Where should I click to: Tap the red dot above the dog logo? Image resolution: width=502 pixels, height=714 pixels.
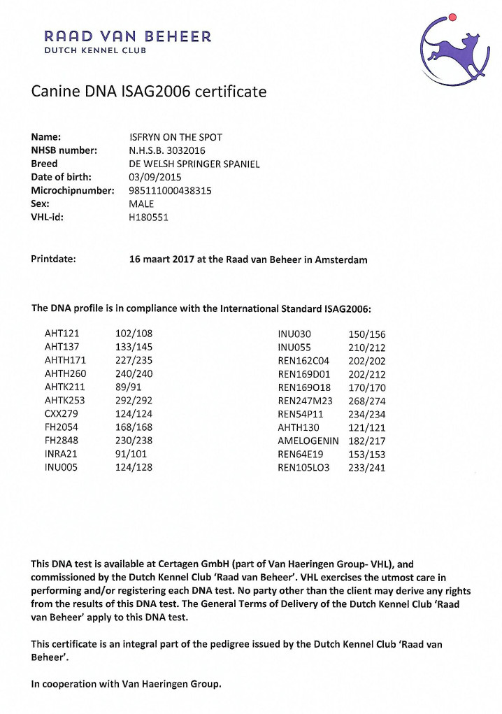pos(452,16)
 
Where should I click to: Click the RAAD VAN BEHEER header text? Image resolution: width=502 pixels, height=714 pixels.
pos(127,36)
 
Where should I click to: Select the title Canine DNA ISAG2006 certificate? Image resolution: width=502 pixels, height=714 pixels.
pos(148,92)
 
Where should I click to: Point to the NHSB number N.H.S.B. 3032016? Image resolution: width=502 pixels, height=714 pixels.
pos(167,150)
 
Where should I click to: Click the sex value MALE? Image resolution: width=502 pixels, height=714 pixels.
pos(141,204)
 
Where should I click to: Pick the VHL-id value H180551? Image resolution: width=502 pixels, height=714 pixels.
pos(148,217)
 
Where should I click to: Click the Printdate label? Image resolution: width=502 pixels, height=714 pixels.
pos(54,259)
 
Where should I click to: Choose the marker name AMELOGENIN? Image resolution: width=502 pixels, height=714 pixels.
pos(308,441)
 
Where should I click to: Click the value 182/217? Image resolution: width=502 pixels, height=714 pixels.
pos(366,441)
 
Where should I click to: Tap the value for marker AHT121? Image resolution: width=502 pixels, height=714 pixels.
pos(134,334)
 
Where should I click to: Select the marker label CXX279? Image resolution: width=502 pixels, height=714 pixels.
pos(62,414)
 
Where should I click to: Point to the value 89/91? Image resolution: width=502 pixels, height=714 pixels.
pos(129,387)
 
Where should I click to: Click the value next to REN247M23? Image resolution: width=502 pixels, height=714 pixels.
pos(366,401)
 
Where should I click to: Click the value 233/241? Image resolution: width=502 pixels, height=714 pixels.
pos(366,467)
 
